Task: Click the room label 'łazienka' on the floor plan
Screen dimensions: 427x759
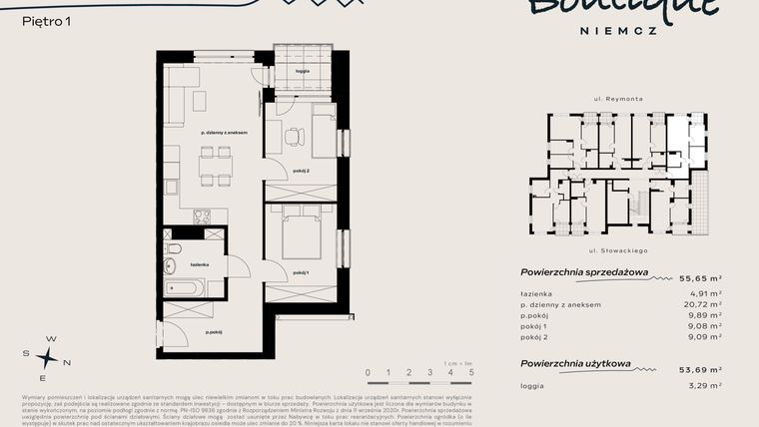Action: point(200,264)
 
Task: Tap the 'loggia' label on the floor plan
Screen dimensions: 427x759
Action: point(302,72)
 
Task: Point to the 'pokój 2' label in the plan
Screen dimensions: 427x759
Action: point(302,172)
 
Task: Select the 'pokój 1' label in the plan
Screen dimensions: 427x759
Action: point(302,272)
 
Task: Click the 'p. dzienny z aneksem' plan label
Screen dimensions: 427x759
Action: point(224,132)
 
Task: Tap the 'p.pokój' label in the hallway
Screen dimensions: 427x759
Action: point(213,332)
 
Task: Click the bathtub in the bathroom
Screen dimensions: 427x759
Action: point(186,288)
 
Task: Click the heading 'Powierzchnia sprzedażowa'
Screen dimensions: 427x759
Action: point(584,272)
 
